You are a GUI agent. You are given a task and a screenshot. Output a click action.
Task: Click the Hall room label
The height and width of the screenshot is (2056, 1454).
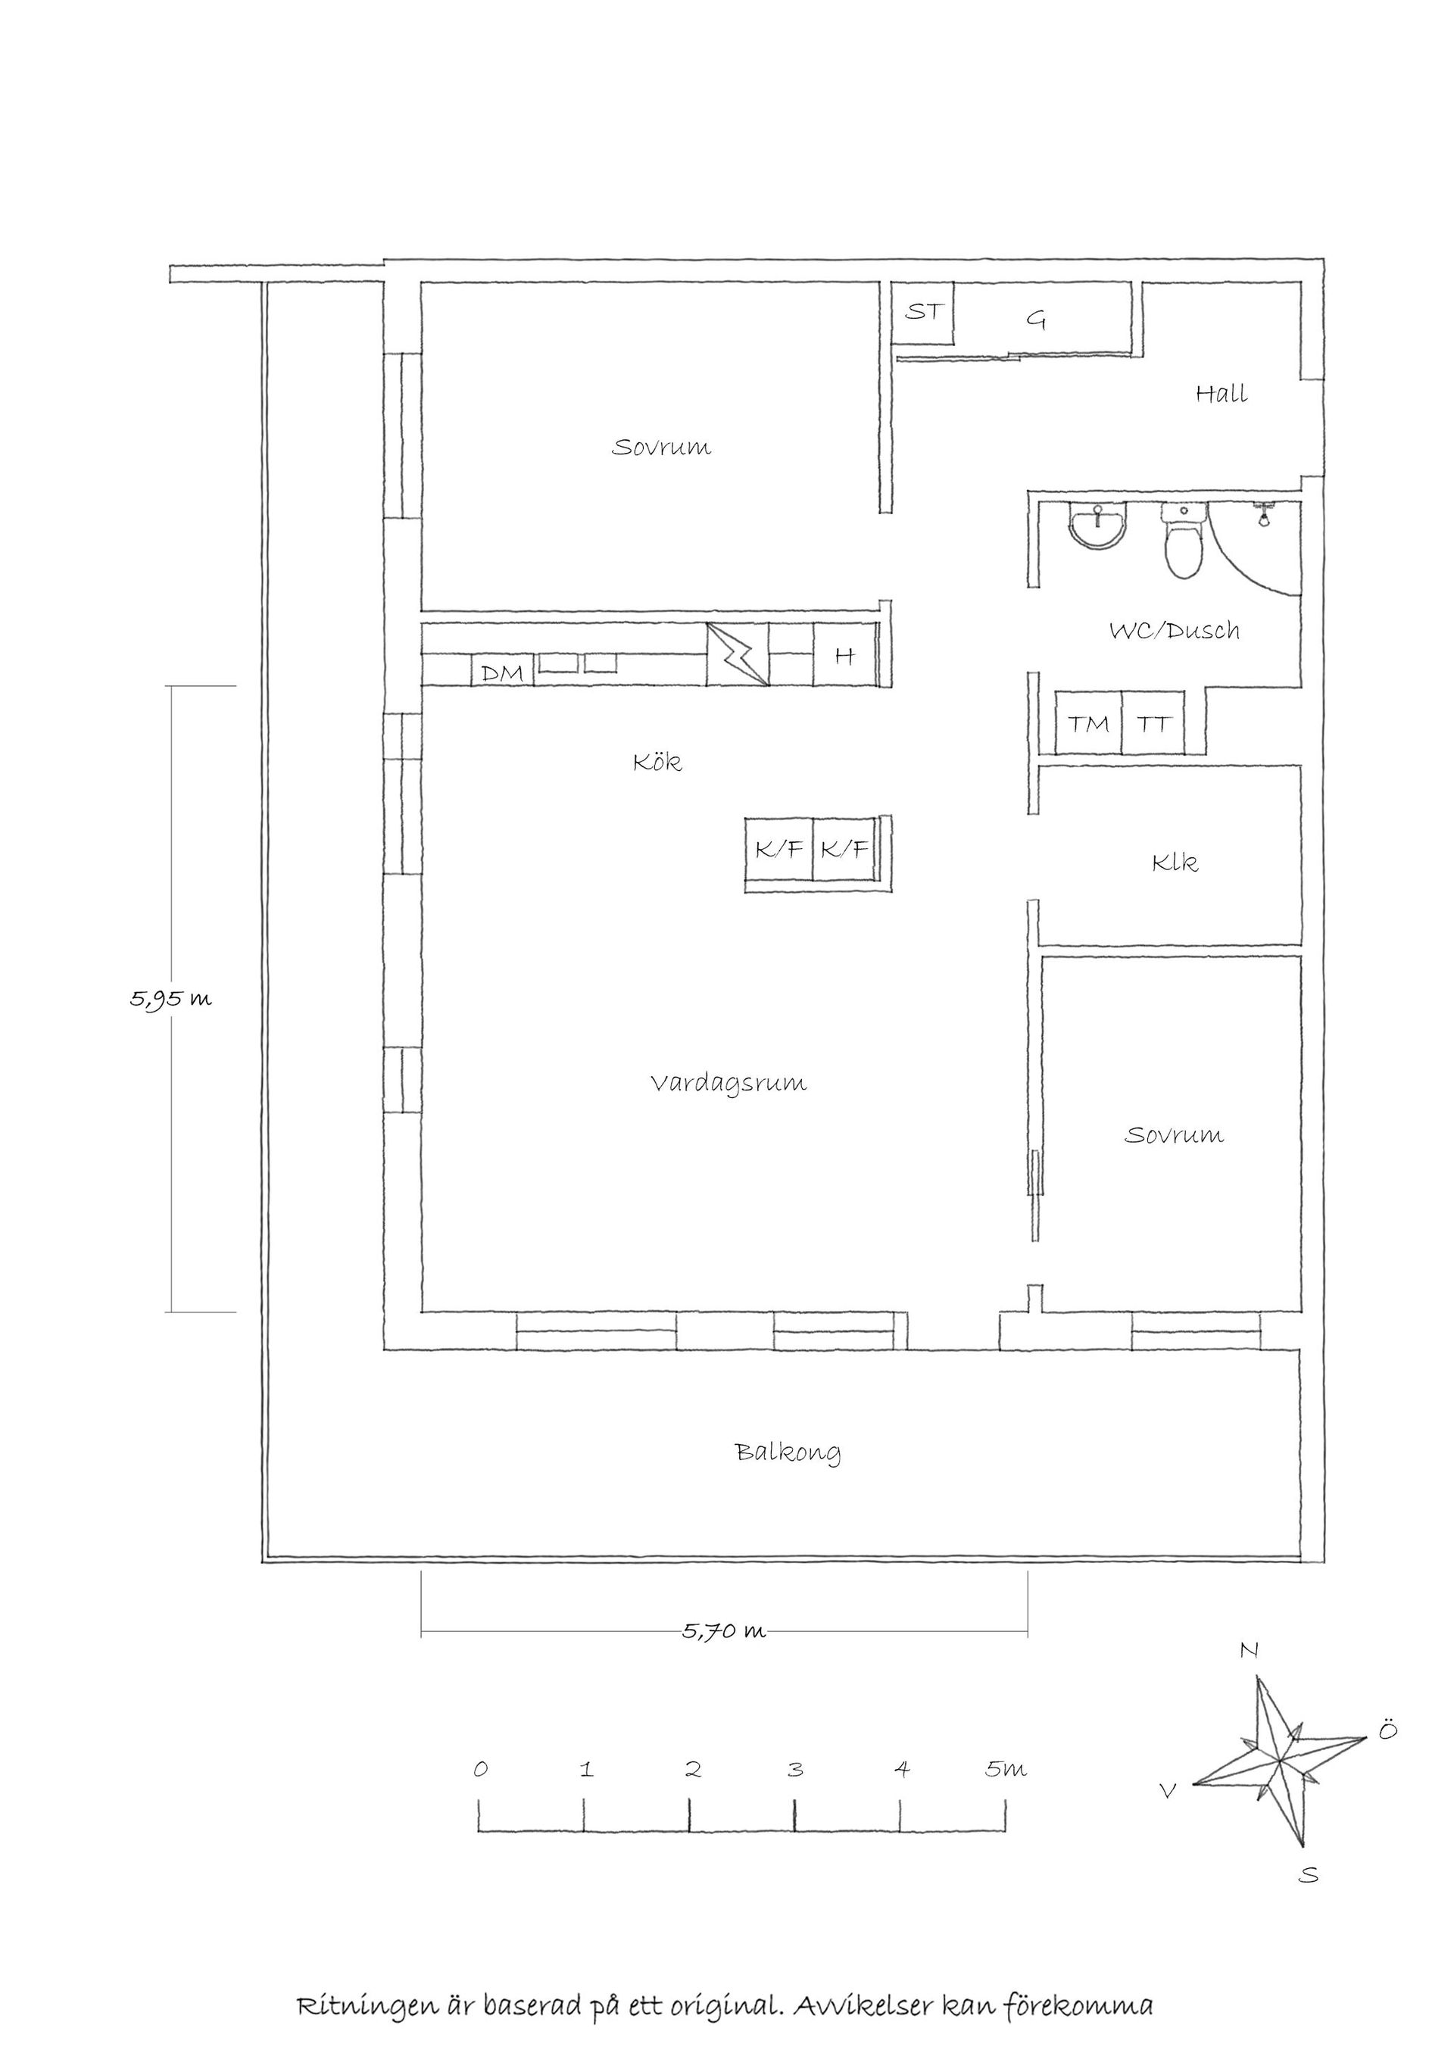[1222, 393]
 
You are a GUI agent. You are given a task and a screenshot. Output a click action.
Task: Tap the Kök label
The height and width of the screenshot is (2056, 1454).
[657, 762]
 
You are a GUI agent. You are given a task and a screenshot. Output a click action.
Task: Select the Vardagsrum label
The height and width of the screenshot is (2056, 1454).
[728, 1084]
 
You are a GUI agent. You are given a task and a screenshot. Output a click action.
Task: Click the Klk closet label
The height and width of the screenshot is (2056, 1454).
[1175, 863]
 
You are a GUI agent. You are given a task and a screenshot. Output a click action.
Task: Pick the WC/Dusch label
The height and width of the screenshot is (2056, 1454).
[1175, 630]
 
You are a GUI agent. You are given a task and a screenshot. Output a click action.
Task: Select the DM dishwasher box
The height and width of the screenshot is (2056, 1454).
[502, 672]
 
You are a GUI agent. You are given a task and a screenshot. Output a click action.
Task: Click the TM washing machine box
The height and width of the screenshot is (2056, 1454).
[1089, 722]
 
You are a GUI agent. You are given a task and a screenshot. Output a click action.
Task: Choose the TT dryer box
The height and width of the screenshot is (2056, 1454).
[1153, 722]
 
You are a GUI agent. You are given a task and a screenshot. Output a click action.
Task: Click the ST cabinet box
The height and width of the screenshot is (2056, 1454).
[923, 313]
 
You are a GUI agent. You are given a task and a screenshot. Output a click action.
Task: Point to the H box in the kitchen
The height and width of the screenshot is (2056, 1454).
[844, 656]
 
